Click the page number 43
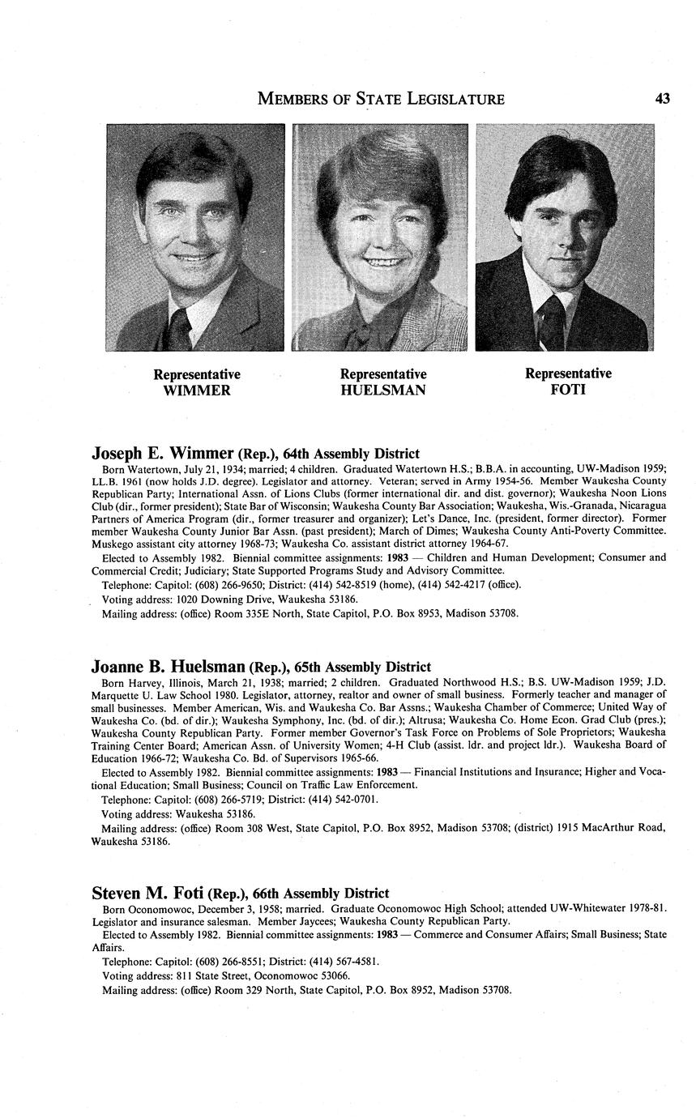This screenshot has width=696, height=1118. click(x=662, y=99)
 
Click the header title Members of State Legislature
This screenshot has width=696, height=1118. click(x=381, y=99)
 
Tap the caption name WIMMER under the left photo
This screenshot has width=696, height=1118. click(x=197, y=390)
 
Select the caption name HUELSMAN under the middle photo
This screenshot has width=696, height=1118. click(x=383, y=390)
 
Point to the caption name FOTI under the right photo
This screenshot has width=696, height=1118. click(x=568, y=390)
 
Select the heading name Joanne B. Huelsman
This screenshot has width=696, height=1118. click(x=168, y=667)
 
